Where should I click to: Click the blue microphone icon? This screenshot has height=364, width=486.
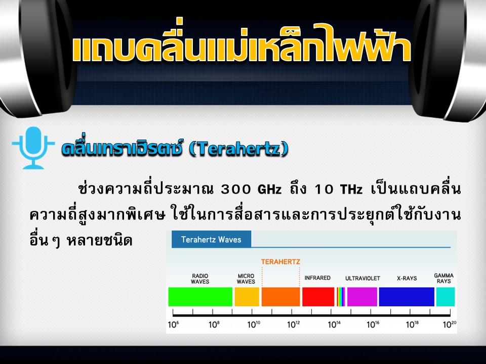pos(33,147)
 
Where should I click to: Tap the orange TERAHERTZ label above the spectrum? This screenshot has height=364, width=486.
pos(280,262)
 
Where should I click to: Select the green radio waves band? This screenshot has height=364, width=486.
pos(200,297)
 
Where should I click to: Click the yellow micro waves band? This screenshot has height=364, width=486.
pos(247,297)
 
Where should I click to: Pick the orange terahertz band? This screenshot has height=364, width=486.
pos(281,297)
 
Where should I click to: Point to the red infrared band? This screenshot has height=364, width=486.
pos(318,297)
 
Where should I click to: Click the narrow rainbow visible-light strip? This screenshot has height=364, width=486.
pos(341,297)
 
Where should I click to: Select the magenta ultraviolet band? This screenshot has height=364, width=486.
pos(362,297)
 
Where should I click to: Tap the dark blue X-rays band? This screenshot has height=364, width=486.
pos(407,297)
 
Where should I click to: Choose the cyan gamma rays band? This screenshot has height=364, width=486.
pos(445,297)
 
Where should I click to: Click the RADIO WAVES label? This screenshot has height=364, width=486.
pos(200,279)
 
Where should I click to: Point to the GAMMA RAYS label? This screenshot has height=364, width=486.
pos(444,278)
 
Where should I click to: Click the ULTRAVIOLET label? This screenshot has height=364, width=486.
pos(362,278)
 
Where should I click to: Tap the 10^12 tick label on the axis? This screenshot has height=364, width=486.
pos(294,325)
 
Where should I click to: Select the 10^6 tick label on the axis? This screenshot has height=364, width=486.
pos(173,325)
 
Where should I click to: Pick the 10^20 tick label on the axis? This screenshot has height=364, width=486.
pos(450,325)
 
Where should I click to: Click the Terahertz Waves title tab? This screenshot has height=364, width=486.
pos(212,239)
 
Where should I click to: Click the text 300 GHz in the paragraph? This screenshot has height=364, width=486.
pos(252,189)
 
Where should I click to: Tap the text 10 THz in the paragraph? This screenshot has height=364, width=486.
pos(339,189)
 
